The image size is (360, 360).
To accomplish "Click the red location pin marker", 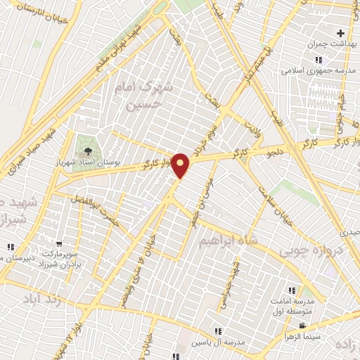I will (181, 165).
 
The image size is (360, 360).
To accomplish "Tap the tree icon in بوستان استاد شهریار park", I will (87, 151).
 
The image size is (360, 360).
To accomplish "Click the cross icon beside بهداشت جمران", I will (342, 33).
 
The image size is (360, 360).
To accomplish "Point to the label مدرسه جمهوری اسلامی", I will (309, 70).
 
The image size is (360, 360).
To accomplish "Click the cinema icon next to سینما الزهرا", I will (303, 326).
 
